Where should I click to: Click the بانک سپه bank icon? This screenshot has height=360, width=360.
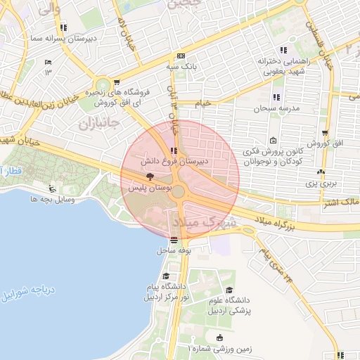[x=181, y=56]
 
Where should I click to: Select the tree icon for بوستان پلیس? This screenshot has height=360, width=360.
[x=148, y=179]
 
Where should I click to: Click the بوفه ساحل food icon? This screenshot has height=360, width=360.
[x=174, y=240]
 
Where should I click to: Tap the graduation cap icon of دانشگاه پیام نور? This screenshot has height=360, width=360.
[x=166, y=276]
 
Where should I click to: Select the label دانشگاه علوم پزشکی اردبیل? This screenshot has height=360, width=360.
[x=229, y=304]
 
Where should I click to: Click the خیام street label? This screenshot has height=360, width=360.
[x=202, y=103]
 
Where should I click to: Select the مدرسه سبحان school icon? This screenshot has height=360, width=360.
[x=276, y=97]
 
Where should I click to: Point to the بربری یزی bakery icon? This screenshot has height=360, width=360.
[x=321, y=172]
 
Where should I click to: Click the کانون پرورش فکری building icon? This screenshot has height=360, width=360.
[x=274, y=139]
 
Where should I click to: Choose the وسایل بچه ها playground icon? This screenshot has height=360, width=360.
[x=51, y=188]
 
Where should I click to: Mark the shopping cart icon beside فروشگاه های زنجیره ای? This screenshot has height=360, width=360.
[x=116, y=82]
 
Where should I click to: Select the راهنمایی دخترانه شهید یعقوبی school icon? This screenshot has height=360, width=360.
[x=283, y=50]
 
